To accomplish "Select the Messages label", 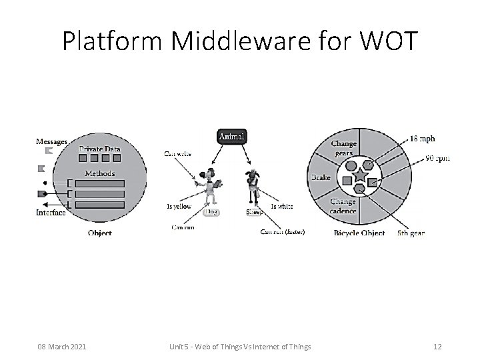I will tap(51, 141).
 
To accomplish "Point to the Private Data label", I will tap(100, 149).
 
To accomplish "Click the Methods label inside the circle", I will tap(99, 173).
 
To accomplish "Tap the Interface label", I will tap(51, 213).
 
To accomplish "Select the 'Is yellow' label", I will tap(179, 207).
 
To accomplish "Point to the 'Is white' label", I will tap(282, 207).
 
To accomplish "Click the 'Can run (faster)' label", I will tap(283, 232).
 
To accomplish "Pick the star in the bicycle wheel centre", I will tap(359, 177).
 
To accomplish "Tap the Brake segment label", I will tap(321, 178).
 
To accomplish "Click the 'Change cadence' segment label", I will tap(343, 206).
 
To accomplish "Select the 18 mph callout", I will tap(422, 139).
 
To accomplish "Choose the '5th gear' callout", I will tap(411, 233).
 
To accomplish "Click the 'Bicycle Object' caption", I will tap(359, 233).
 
